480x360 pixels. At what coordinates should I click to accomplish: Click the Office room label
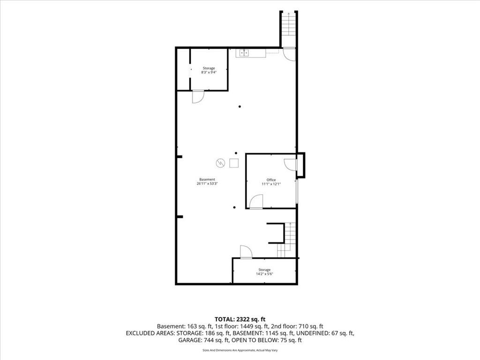(271, 180)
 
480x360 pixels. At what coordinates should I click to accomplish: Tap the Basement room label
(207, 180)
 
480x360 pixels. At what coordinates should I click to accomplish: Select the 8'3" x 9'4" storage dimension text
(209, 73)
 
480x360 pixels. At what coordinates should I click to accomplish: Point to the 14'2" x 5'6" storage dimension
(264, 274)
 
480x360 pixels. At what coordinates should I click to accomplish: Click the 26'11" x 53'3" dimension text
(207, 184)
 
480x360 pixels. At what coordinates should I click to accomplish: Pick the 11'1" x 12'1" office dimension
(271, 184)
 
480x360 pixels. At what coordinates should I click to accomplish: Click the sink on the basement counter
(244, 53)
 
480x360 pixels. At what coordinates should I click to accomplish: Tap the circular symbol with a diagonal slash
(220, 163)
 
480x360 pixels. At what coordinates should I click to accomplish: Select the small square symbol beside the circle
(234, 163)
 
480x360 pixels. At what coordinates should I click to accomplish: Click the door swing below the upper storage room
(198, 97)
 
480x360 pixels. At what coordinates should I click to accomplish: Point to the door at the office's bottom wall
(256, 202)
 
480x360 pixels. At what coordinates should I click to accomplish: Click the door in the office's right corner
(290, 165)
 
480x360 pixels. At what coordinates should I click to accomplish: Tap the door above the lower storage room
(246, 252)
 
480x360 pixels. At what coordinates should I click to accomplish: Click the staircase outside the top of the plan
(289, 30)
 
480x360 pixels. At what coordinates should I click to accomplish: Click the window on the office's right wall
(296, 191)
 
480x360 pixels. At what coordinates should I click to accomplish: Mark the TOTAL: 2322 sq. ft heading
(240, 320)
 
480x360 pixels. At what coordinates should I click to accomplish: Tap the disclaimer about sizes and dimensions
(240, 350)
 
